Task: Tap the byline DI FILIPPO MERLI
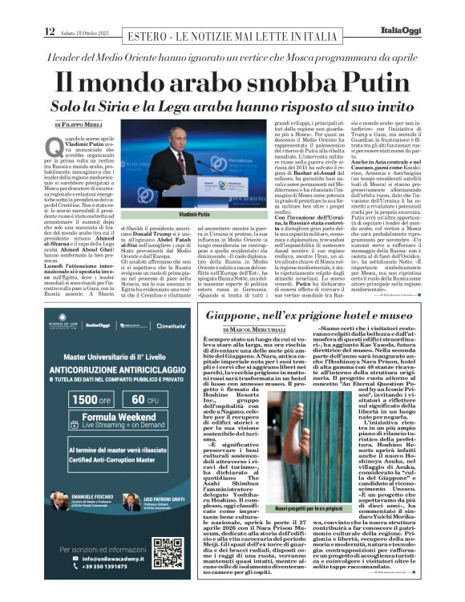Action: click(x=79, y=126)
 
